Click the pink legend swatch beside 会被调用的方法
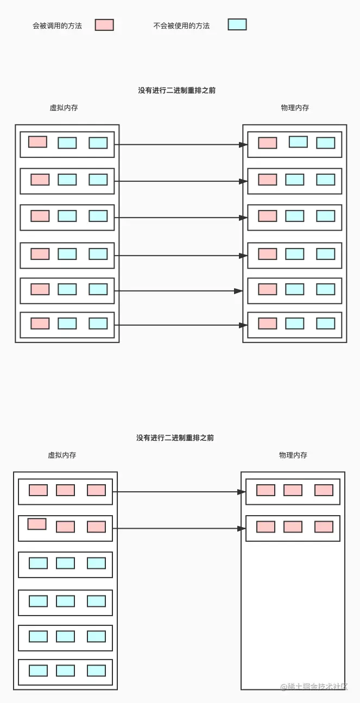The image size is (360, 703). coord(104,25)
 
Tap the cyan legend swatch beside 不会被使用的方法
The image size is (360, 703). coord(237,24)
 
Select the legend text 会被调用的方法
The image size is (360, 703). coord(57,26)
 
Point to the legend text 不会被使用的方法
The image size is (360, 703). coord(181,26)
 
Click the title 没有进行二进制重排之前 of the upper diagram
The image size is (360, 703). coord(176,91)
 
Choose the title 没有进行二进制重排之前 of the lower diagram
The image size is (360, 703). coord(175,438)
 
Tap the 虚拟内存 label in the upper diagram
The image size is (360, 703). coord(64,108)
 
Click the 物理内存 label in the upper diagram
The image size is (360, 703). coord(295,108)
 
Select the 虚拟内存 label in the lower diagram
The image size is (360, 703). coord(62,455)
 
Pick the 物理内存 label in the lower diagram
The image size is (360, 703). coord(293,455)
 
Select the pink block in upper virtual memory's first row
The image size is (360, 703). coord(37,142)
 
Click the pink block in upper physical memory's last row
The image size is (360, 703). coord(267,324)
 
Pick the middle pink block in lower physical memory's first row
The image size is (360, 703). coord(293,490)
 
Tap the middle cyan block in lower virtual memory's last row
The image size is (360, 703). coord(65,670)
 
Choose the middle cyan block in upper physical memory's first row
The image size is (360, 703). coord(298,142)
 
